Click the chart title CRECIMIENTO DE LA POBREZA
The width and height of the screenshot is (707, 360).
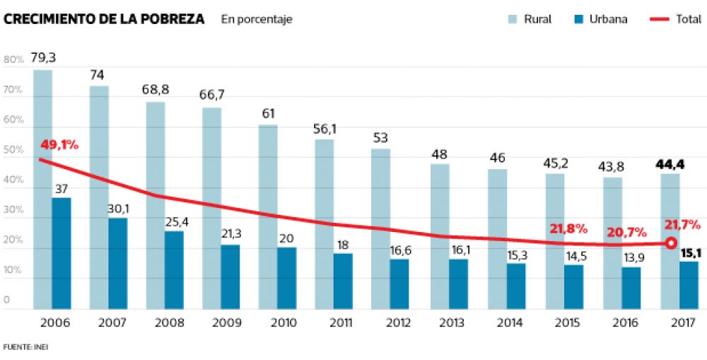tap(105, 19)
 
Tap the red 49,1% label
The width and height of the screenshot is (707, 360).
tap(59, 145)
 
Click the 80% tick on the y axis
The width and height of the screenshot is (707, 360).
tap(13, 60)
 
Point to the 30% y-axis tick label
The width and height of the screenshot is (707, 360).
tap(13, 211)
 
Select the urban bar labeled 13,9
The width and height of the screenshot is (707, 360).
tap(631, 287)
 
